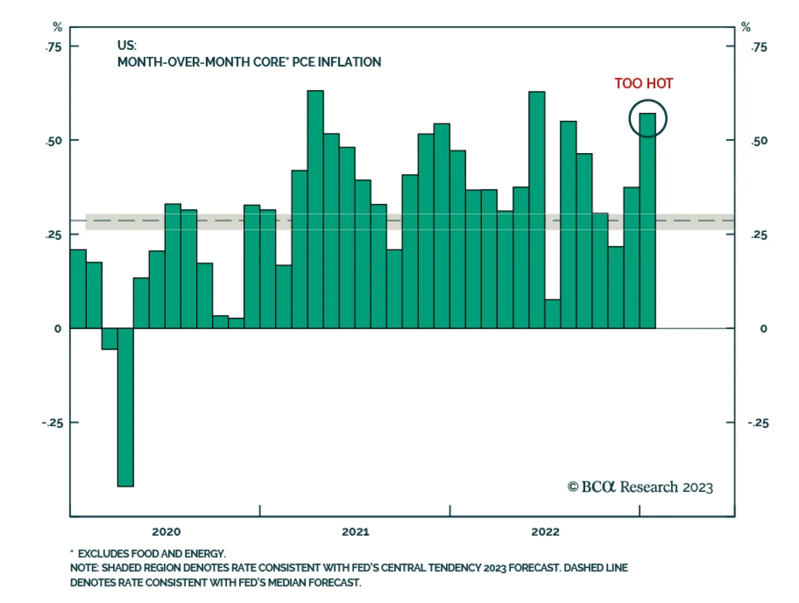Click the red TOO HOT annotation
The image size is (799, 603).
pos(643,83)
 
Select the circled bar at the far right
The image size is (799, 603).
pos(647,224)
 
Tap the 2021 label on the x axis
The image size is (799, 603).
pos(355,532)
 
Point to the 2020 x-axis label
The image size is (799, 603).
pos(166,532)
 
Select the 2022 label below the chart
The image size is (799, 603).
pos(545,532)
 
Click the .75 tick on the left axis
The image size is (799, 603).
pos(54,47)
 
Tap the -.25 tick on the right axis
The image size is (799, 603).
pos(758,423)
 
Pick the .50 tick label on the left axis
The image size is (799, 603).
pos(54,141)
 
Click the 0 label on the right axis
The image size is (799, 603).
pos(763,329)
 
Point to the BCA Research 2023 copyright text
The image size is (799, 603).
pos(640,487)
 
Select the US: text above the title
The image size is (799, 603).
pos(127,45)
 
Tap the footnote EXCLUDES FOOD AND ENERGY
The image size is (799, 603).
pos(151,554)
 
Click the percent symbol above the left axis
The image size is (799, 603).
pos(57,27)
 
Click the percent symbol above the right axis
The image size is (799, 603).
pos(746,27)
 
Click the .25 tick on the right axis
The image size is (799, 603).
pos(759,234)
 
